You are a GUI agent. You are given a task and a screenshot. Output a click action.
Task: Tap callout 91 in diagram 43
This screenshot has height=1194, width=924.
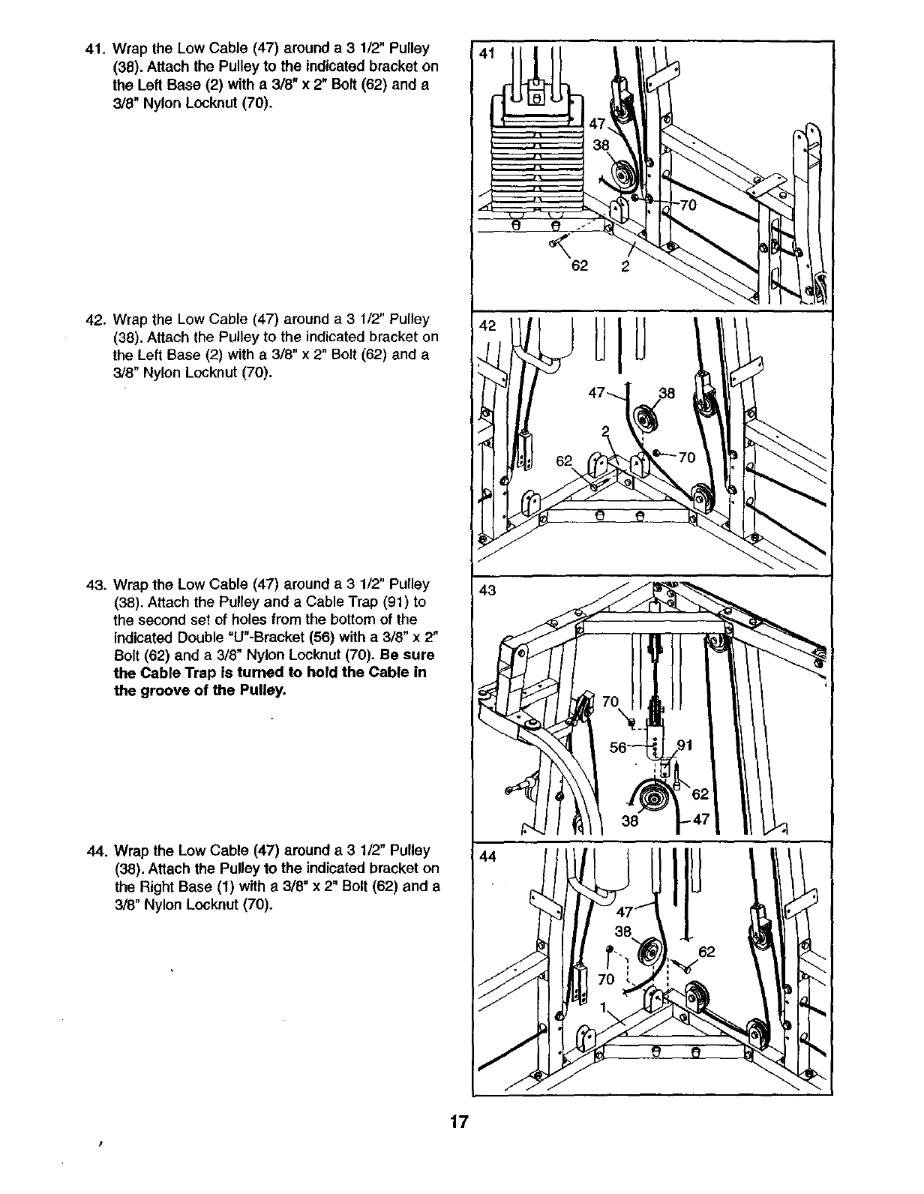pyautogui.click(x=685, y=745)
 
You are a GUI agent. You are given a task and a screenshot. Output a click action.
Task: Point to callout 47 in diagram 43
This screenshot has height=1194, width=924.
pyautogui.click(x=702, y=820)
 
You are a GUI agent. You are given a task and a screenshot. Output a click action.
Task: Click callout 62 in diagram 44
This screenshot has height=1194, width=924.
pyautogui.click(x=706, y=952)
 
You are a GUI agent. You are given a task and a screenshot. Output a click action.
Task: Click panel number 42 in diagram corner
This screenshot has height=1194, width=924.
pyautogui.click(x=488, y=325)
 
